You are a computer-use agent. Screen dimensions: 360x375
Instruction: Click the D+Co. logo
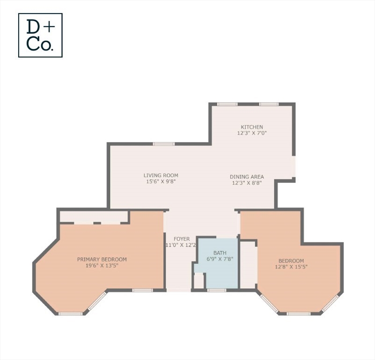point(40,35)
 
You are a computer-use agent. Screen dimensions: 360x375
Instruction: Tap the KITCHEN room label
point(252,127)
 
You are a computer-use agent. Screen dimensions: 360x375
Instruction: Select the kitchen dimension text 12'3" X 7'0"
point(252,133)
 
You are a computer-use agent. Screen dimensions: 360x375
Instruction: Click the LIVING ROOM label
point(161,175)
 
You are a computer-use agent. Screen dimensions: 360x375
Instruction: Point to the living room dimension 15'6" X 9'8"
point(161,181)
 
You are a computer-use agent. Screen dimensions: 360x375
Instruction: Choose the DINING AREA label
point(247,177)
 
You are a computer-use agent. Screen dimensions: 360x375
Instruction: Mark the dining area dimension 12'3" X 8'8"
point(247,183)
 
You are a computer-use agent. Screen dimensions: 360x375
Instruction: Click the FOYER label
point(182,239)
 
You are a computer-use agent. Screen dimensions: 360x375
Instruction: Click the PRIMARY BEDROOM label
point(102,259)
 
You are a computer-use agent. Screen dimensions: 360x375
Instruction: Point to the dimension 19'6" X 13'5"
point(102,265)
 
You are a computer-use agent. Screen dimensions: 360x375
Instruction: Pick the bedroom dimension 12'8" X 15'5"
point(291,267)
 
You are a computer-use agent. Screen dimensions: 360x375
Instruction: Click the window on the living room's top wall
point(164,144)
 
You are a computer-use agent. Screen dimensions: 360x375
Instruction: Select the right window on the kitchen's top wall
point(269,104)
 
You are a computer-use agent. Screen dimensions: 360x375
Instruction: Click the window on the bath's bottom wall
point(217,290)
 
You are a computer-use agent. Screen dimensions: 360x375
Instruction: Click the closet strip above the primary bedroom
point(94,217)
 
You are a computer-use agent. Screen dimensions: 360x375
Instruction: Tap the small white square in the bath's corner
point(199,281)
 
